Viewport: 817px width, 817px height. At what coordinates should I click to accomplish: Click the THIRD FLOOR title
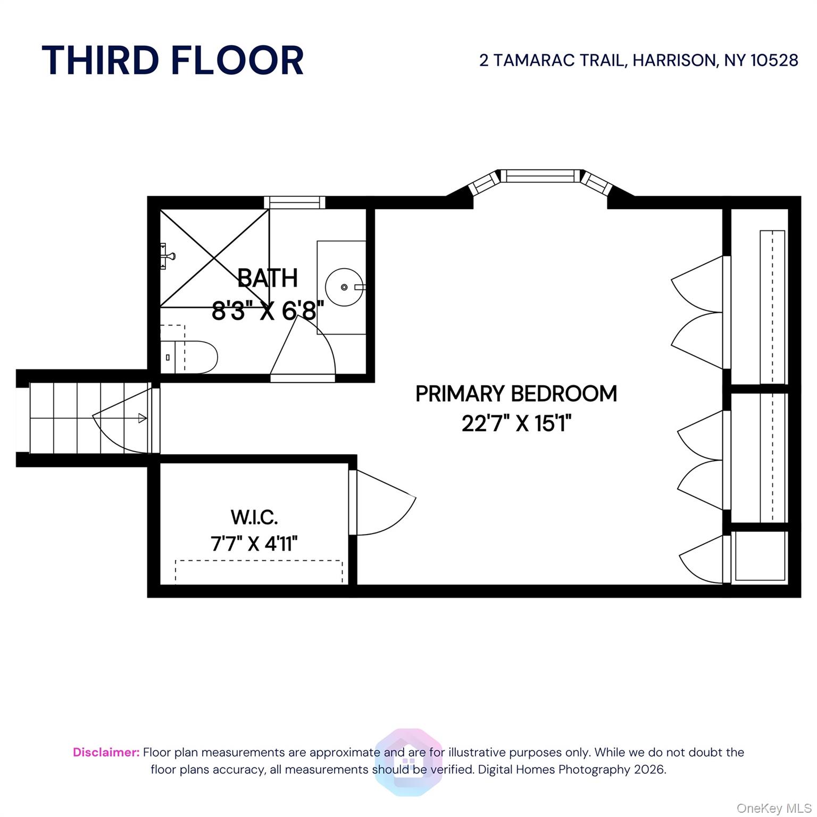[172, 60]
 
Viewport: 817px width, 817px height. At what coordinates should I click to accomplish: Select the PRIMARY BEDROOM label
[516, 394]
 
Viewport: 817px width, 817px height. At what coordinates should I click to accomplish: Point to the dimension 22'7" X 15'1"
[516, 424]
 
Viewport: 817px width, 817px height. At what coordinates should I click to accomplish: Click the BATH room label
[268, 278]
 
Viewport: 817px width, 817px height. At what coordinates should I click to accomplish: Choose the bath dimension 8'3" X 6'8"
[268, 310]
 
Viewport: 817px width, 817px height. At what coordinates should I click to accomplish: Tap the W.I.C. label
[254, 516]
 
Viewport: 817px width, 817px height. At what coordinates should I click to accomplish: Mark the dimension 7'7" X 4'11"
[254, 544]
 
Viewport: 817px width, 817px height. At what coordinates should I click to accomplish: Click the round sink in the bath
[344, 287]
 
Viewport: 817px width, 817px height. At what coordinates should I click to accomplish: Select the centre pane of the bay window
[540, 176]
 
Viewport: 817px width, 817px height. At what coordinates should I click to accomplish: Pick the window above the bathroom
[294, 203]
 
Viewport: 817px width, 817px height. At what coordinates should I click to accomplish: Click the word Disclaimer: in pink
[106, 752]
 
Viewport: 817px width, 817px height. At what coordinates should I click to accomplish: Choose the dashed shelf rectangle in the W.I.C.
[259, 572]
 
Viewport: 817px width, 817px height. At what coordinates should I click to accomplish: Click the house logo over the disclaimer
[408, 762]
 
